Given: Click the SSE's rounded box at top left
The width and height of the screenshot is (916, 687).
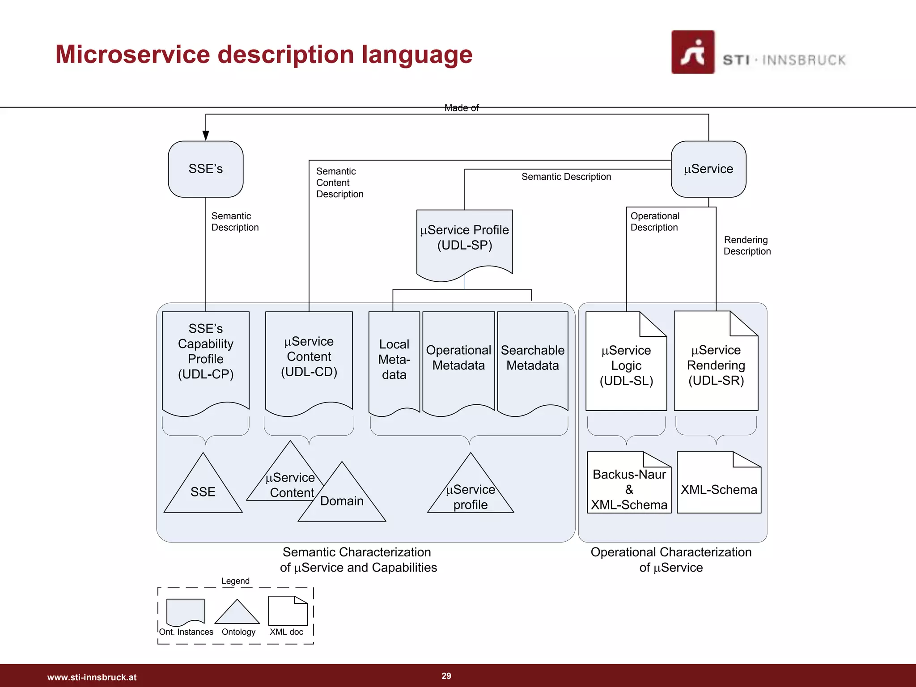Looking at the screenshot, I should (205, 169).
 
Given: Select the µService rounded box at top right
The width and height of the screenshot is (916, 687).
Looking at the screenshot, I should (708, 169).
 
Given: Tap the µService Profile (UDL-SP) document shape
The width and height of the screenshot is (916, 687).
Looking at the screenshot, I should (464, 239).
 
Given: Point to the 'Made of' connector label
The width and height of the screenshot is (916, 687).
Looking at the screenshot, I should (461, 108).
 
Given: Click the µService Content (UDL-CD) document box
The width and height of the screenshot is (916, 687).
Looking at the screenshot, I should (309, 358).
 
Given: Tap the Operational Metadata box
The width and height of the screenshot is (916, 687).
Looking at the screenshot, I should (458, 358).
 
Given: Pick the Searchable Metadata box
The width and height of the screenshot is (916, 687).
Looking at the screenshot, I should (532, 358).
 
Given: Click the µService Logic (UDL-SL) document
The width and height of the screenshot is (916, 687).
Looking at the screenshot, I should (626, 365).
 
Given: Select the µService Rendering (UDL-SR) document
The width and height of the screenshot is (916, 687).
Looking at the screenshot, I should (716, 365).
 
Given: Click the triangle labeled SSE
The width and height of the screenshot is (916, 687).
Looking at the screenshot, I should (203, 490).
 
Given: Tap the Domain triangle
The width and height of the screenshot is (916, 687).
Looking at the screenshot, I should (342, 501).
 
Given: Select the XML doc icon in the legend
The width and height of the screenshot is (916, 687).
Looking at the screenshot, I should (288, 611).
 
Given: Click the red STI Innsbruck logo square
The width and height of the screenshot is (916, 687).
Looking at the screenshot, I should (692, 52).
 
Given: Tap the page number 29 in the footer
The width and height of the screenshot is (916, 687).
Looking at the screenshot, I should (446, 676).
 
